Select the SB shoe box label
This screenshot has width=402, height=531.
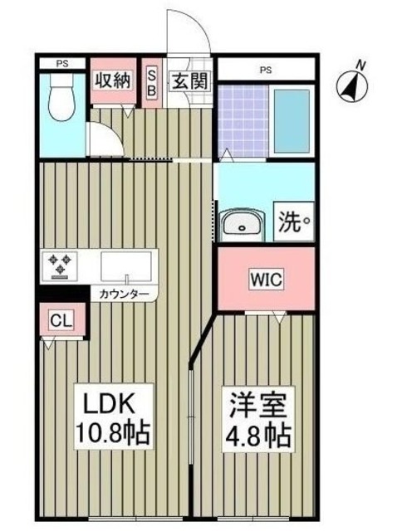pyautogui.click(x=152, y=82)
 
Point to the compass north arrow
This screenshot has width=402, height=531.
pyautogui.click(x=355, y=83)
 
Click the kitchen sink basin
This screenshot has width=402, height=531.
pyautogui.click(x=126, y=265)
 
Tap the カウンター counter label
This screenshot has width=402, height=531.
pyautogui.click(x=125, y=295)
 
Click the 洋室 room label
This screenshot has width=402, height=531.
pyautogui.click(x=257, y=403)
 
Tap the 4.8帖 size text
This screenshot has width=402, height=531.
pyautogui.click(x=257, y=432)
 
